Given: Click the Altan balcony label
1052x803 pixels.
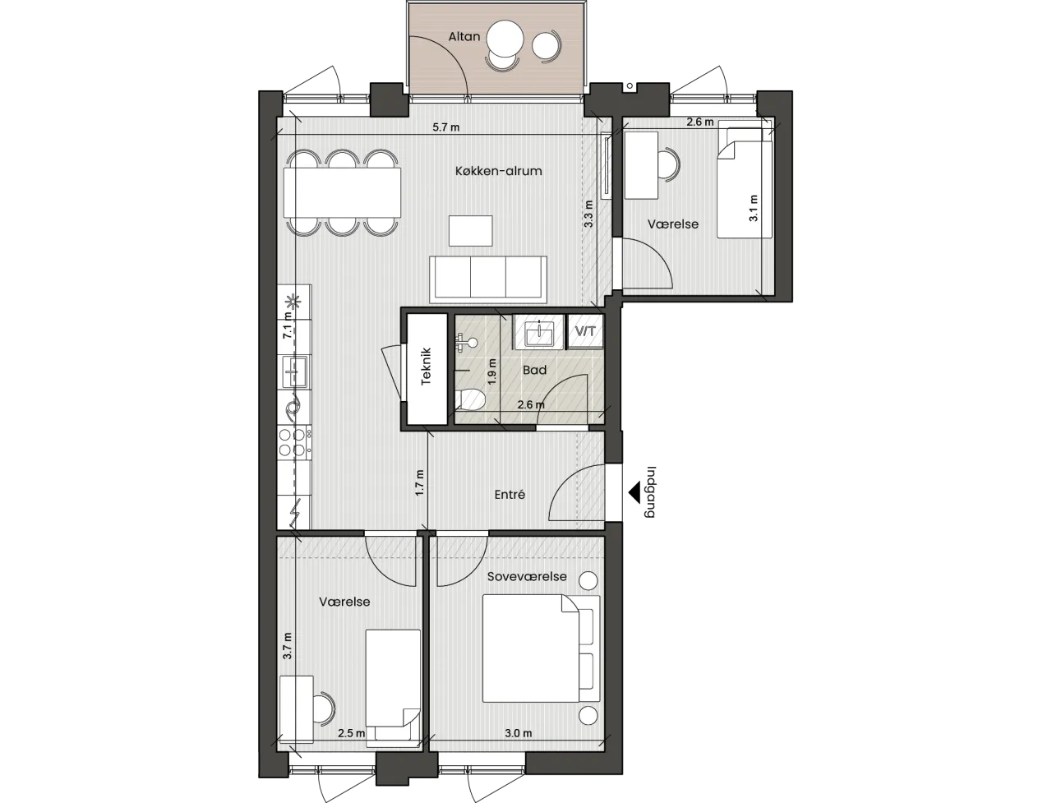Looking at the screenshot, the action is click(464, 36).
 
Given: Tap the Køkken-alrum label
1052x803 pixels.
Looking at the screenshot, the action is click(498, 171).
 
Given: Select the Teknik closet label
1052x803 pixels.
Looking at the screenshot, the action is click(426, 367).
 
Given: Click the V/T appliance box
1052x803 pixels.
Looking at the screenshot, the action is click(585, 331).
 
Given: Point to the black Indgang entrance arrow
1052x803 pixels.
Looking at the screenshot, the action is click(634, 493).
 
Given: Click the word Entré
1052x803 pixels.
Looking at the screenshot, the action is click(510, 495).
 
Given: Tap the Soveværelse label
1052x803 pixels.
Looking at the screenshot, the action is click(527, 576).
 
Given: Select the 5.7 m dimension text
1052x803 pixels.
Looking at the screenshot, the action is click(445, 127).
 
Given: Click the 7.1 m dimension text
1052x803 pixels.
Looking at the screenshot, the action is click(287, 325).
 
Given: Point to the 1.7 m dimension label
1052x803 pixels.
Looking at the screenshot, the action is click(420, 482).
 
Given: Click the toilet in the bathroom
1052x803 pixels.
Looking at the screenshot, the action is click(470, 399).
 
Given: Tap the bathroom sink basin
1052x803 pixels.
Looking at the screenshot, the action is click(539, 334).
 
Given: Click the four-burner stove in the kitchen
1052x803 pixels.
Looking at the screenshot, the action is click(294, 442).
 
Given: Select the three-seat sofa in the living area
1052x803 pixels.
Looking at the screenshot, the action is click(488, 279).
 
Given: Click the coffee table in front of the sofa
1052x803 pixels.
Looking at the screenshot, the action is click(471, 231).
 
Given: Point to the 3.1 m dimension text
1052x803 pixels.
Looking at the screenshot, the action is click(753, 208).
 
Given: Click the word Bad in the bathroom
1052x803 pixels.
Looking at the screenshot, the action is click(534, 370).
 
